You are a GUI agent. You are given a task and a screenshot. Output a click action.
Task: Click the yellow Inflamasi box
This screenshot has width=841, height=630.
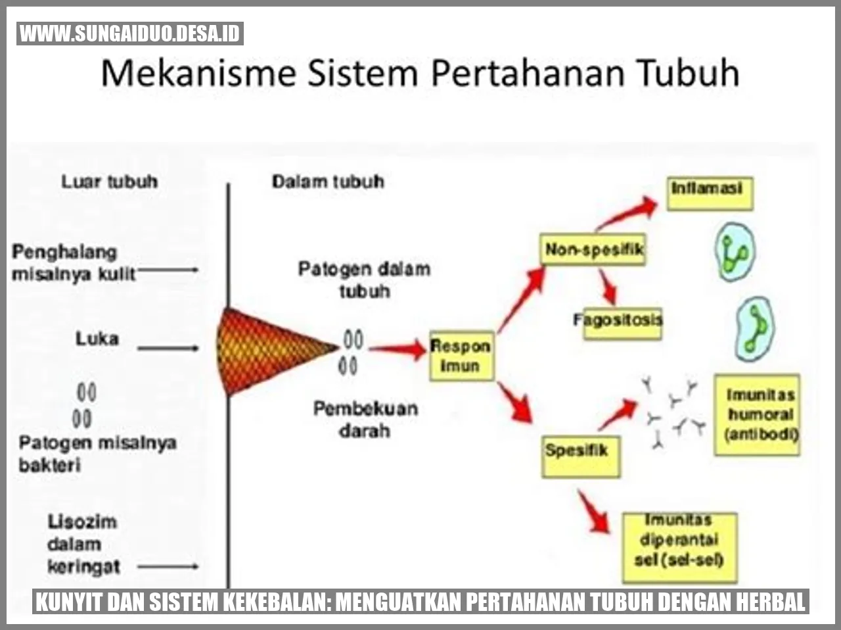(710, 193)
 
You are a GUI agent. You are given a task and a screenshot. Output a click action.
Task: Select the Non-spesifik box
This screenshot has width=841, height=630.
(593, 249)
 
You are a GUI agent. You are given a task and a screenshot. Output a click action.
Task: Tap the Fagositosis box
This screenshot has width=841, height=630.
(622, 324)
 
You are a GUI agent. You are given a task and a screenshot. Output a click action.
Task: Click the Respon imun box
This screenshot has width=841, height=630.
(461, 356)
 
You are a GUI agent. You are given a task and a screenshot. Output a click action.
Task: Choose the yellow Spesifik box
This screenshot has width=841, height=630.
(581, 456)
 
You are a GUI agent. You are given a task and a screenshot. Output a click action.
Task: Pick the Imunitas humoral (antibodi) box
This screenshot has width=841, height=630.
(757, 415)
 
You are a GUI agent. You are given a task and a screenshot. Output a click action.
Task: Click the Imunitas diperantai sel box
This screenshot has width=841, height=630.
(679, 548)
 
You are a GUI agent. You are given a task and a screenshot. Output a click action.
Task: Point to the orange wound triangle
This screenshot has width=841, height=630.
(268, 351)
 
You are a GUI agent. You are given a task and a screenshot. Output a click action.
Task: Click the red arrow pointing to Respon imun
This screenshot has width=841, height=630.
(398, 349)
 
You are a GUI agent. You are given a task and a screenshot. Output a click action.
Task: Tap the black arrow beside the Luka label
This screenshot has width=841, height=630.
(168, 349)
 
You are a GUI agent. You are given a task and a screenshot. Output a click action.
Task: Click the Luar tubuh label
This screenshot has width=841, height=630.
(110, 182)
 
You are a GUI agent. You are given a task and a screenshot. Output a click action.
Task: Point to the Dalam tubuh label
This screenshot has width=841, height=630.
(328, 182)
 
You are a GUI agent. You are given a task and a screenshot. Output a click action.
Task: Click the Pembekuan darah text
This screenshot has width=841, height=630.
(365, 420)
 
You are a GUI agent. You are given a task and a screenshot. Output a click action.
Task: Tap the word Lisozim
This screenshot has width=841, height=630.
(82, 522)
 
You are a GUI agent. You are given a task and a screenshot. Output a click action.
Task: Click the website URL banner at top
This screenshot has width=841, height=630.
(130, 34)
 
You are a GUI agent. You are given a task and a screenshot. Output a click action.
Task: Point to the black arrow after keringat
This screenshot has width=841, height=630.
(168, 566)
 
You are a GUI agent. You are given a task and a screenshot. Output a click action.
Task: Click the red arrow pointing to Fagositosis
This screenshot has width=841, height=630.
(608, 287)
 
